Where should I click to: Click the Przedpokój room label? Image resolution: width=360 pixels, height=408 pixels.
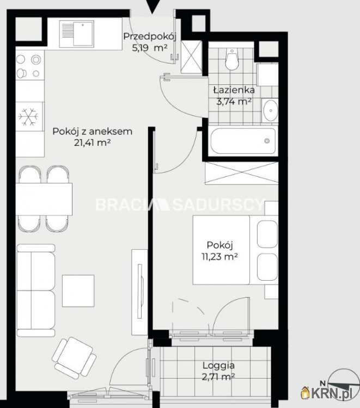150,36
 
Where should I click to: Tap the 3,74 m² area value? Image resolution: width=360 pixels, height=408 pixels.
234,101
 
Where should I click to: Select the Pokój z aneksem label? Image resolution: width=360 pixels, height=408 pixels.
93,132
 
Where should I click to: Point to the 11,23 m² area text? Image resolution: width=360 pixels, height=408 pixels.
219,257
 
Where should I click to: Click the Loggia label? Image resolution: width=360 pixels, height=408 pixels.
218,366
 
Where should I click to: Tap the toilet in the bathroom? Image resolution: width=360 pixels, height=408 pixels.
232,59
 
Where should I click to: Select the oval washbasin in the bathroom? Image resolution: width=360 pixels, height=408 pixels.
271,110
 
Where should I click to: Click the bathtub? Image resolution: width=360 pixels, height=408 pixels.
243,141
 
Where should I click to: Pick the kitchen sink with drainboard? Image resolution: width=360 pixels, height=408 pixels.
76,34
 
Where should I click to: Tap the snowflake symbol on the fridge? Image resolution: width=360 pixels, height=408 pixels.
28,116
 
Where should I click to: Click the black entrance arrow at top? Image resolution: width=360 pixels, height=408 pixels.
152,6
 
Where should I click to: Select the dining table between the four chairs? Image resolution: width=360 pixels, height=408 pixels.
44,199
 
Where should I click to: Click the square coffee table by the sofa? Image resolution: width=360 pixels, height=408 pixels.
78,290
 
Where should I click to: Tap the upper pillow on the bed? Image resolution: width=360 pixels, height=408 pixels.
267,234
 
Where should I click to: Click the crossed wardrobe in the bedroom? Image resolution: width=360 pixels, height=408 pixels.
241,173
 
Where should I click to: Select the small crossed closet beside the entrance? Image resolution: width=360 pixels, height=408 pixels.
191,57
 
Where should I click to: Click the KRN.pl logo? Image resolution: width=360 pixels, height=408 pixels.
327,393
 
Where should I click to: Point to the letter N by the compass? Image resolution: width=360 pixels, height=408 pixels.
322,383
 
